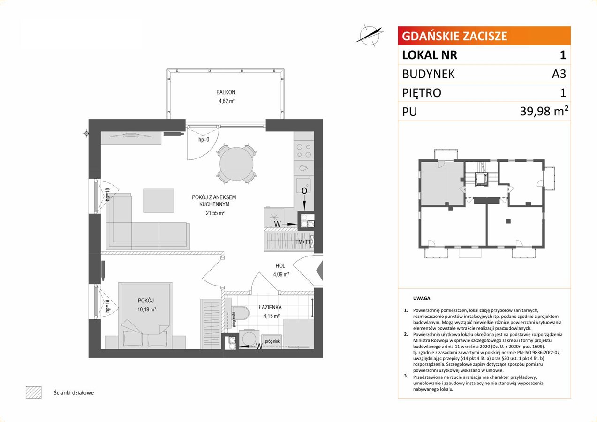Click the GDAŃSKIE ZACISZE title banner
pyautogui.click(x=484, y=36)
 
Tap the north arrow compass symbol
pyautogui.click(x=370, y=35)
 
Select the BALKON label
pyautogui.click(x=226, y=92)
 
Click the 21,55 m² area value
pyautogui.click(x=215, y=213)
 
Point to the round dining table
pyautogui.click(x=236, y=164)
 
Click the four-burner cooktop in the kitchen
pyautogui.click(x=304, y=151)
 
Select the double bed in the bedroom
pyautogui.click(x=145, y=316)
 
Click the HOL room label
pyautogui.click(x=280, y=265)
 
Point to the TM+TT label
pyautogui.click(x=303, y=242)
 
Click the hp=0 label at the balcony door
pyautogui.click(x=204, y=140)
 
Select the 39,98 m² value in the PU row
pyautogui.click(x=544, y=111)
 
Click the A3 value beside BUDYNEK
pyautogui.click(x=559, y=74)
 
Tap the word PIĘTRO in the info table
pyautogui.click(x=422, y=93)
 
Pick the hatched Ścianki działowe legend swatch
pyautogui.click(x=34, y=392)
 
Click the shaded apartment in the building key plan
pyautogui.click(x=442, y=184)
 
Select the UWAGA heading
pyautogui.click(x=422, y=298)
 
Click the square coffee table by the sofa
pyautogui.click(x=159, y=201)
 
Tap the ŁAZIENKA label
pyautogui.click(x=270, y=307)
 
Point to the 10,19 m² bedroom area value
pyautogui.click(x=147, y=309)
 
